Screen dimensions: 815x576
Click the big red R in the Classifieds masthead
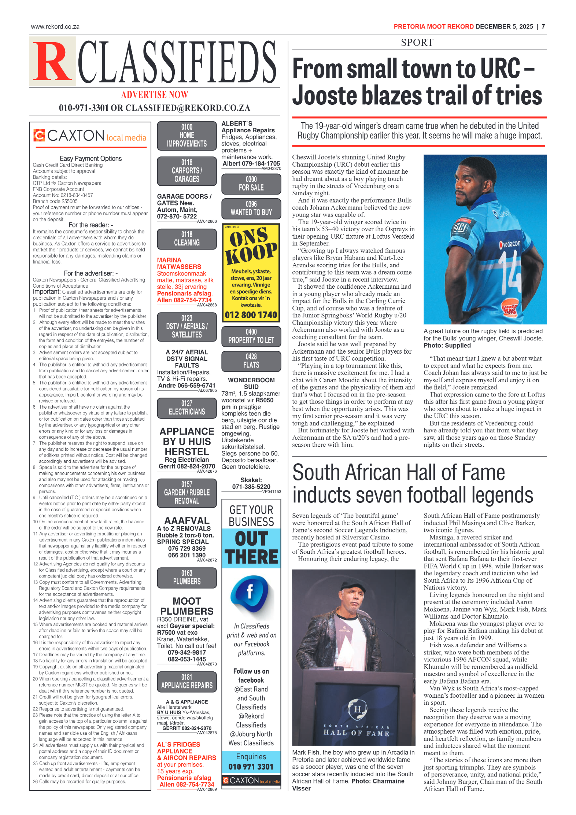(x=52, y=62)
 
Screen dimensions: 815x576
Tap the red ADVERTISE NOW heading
(x=154, y=95)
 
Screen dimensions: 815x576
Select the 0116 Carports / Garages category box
(x=187, y=171)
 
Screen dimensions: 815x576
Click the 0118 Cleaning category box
(x=187, y=239)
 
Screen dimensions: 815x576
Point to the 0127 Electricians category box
(x=187, y=407)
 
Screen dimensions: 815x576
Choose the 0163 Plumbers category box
(x=187, y=577)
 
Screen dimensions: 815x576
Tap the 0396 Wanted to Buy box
(x=251, y=208)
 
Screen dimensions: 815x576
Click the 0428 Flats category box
(x=251, y=361)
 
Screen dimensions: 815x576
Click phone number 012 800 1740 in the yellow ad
(x=251, y=315)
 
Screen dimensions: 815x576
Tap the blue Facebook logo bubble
(x=251, y=592)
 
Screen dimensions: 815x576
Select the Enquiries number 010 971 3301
(x=251, y=766)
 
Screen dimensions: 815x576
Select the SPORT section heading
(x=417, y=43)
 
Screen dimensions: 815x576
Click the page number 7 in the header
(x=543, y=27)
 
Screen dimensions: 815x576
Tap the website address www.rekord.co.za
(x=55, y=27)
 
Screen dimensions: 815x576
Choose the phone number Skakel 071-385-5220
(x=251, y=487)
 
